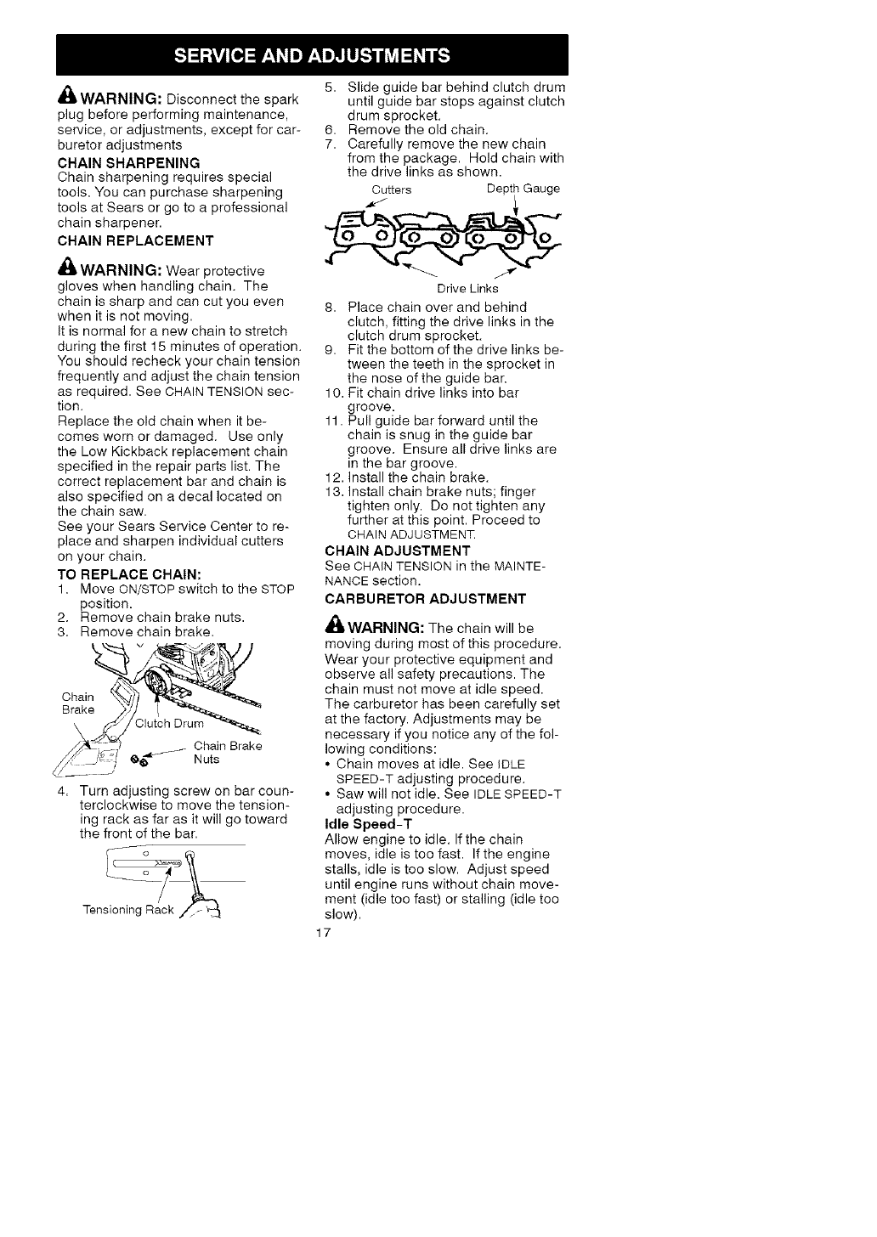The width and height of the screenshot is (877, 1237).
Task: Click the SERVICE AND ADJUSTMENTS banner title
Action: [x=311, y=56]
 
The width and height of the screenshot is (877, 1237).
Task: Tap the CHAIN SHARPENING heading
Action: [x=128, y=161]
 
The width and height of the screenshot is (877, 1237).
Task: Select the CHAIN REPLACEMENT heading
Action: [x=135, y=240]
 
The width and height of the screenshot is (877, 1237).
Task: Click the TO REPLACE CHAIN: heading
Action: [x=128, y=573]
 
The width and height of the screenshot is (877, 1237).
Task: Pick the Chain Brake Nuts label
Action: [x=228, y=753]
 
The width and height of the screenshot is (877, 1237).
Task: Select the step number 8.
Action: [x=330, y=306]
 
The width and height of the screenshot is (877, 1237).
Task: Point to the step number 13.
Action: [x=332, y=491]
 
